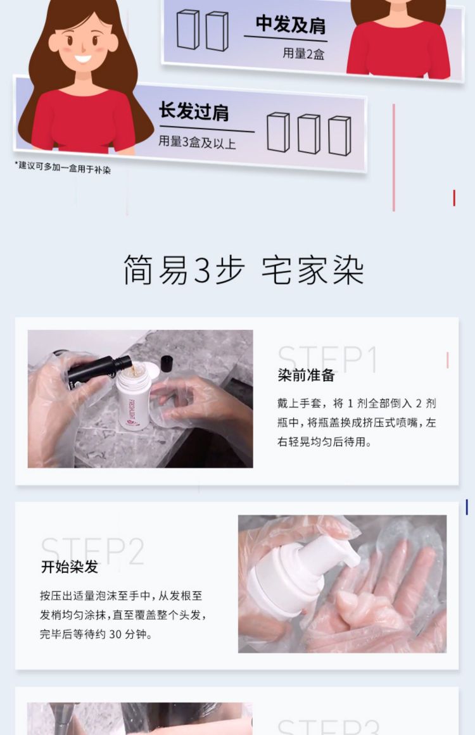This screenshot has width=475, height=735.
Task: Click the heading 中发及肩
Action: (290, 24)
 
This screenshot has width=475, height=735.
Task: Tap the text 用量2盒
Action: (303, 53)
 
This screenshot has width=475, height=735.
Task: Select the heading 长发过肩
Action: (193, 111)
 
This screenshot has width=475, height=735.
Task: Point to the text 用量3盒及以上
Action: (197, 142)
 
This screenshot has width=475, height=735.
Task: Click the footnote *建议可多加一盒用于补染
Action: (63, 167)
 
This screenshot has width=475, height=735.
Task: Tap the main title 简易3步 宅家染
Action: (244, 270)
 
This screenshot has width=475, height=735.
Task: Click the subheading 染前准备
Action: (306, 375)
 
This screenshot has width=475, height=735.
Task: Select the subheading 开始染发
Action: (70, 567)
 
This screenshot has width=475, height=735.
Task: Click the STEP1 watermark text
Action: (328, 358)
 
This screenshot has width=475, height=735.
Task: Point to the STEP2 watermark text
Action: (92, 550)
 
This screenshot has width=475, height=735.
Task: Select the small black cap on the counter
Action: (167, 363)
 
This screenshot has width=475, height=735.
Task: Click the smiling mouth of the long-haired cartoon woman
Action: (82, 59)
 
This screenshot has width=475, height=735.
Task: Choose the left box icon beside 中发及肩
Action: (188, 30)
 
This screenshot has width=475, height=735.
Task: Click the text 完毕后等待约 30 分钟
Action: (96, 634)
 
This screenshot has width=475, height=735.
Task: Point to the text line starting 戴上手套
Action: (357, 403)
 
